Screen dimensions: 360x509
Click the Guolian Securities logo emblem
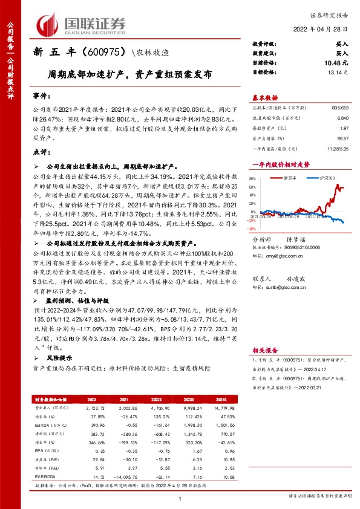[x=49, y=25]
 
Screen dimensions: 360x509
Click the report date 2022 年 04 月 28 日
[x=325, y=30]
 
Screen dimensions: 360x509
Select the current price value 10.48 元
[x=336, y=63]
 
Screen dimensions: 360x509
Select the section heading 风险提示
[x=59, y=358]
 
